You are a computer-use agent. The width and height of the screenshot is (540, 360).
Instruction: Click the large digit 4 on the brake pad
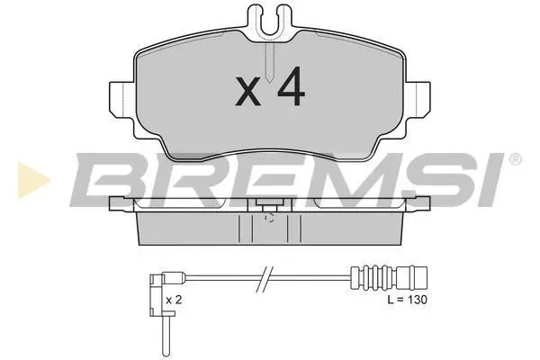click(292, 85)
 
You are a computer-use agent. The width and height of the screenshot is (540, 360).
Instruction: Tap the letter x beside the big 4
click(248, 91)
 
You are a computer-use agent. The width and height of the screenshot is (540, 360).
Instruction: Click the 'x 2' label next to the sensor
click(174, 300)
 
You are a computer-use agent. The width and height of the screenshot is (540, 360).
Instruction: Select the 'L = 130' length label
click(407, 300)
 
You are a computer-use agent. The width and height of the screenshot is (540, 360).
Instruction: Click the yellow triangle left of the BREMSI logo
click(33, 181)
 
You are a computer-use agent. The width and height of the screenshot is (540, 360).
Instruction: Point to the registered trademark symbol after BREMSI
click(515, 160)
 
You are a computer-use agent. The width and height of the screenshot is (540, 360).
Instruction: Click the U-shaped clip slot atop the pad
click(270, 24)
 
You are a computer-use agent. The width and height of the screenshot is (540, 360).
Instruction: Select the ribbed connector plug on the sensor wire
click(389, 277)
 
